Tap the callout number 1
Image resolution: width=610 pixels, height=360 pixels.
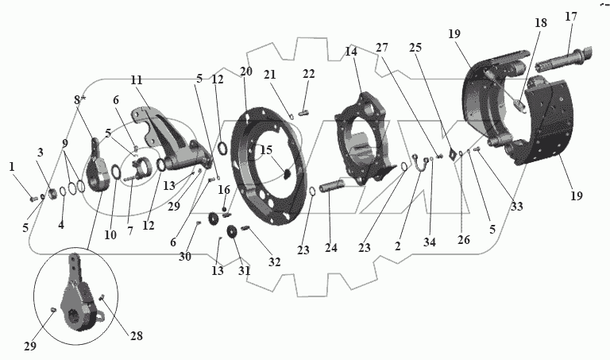pos(12,167)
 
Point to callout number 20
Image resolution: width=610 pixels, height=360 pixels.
pos(245,72)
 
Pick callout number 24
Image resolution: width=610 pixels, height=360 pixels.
pos(330,248)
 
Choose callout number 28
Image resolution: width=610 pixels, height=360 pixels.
pos(137,336)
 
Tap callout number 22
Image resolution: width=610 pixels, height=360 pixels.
pos(308,74)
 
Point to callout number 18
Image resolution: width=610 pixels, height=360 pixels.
pos(541,24)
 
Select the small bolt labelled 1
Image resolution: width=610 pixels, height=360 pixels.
pos(33,196)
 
